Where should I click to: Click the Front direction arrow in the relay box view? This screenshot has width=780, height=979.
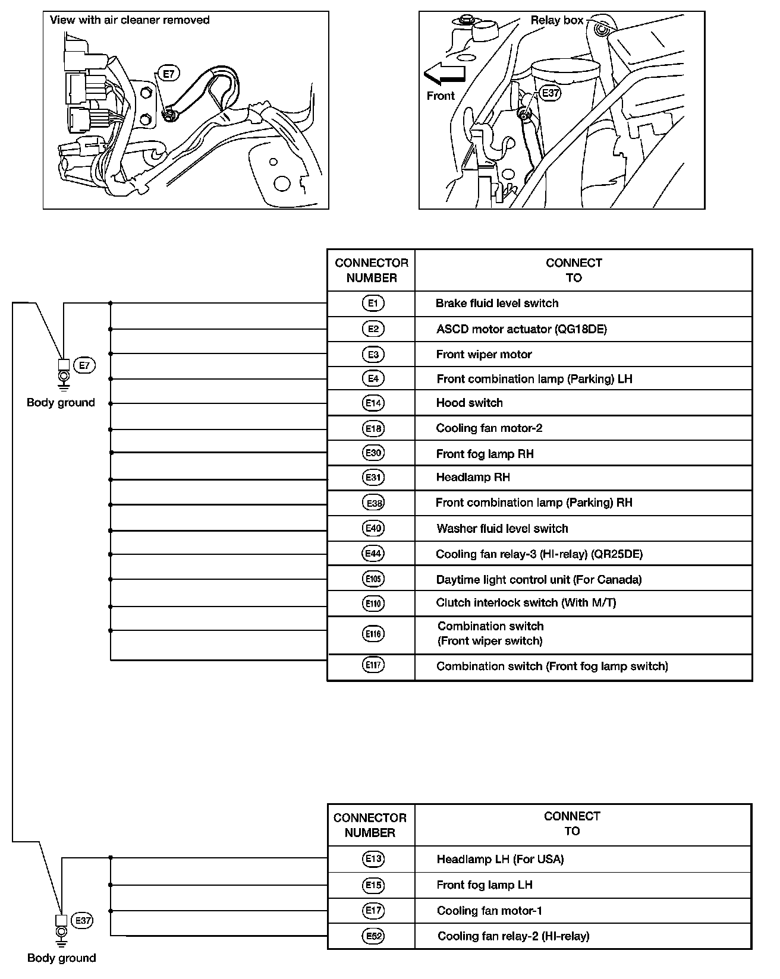click(444, 74)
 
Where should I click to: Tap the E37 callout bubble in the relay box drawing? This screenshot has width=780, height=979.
click(551, 93)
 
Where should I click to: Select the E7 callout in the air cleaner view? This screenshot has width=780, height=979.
click(169, 74)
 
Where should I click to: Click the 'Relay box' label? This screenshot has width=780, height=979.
click(557, 20)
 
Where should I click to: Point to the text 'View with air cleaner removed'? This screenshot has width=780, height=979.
click(130, 20)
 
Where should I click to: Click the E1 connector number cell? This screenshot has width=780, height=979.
click(373, 304)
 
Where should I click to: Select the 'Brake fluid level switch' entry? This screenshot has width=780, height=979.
click(497, 304)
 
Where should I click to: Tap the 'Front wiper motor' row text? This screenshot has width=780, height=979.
click(484, 355)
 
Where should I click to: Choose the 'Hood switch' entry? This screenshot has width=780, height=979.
click(470, 403)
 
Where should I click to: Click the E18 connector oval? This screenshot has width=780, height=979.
click(373, 428)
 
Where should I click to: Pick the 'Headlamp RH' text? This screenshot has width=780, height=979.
click(473, 478)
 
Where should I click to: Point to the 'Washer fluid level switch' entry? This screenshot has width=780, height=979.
click(502, 529)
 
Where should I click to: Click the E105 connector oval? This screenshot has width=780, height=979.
click(373, 579)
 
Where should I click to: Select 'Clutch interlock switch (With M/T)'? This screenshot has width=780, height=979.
click(526, 603)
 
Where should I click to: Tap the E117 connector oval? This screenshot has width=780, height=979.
click(373, 665)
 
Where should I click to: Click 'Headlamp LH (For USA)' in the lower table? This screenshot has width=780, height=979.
click(500, 859)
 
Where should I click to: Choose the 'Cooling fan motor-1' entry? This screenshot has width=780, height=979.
click(489, 911)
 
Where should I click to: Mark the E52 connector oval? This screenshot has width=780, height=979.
click(373, 936)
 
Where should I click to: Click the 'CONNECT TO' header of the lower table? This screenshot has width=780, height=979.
click(572, 823)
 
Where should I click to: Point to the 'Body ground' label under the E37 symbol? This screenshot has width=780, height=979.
click(62, 958)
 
